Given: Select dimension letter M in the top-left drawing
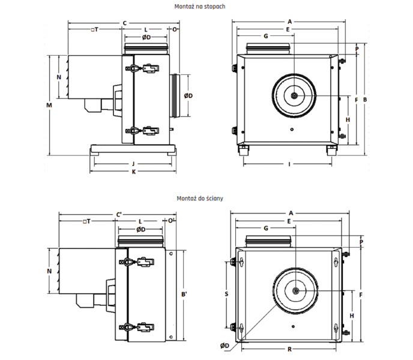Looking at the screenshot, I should (50, 105).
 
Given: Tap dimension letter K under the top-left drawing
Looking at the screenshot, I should (133, 172).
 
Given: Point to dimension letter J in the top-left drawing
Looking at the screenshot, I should (133, 163).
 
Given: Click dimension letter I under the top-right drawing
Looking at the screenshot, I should (289, 164).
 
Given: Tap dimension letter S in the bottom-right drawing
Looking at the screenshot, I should (226, 294).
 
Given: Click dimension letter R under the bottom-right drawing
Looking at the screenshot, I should (289, 349).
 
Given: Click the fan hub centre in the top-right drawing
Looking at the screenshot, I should (294, 96).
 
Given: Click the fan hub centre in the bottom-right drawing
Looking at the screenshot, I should (296, 291).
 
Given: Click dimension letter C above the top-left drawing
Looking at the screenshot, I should (124, 23).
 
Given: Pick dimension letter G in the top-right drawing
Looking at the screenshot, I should (265, 36).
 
